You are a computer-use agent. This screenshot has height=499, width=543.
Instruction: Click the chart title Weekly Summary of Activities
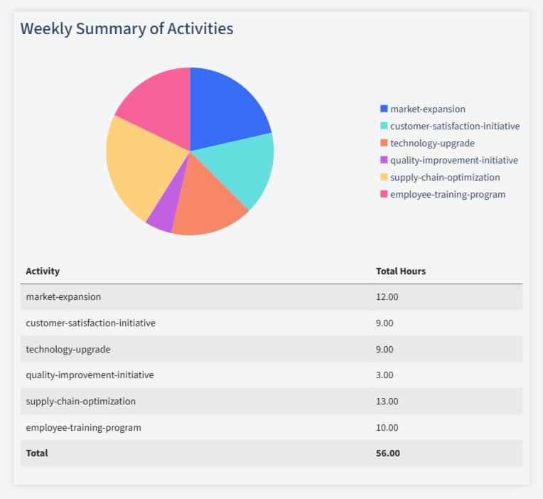pyautogui.click(x=127, y=28)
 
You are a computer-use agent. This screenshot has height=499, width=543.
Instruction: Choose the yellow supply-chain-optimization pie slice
pyautogui.click(x=139, y=167)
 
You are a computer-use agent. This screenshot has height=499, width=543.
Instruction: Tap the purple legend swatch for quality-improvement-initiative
pyautogui.click(x=385, y=160)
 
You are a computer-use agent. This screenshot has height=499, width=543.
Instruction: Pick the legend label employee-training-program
pyautogui.click(x=448, y=194)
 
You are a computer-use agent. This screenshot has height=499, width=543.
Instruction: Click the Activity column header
pyautogui.click(x=43, y=271)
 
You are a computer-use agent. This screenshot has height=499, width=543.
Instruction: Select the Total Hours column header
pyautogui.click(x=401, y=271)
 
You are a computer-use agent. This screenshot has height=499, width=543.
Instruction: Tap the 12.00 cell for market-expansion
pyautogui.click(x=387, y=296)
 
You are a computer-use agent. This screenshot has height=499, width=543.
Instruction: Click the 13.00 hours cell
pyautogui.click(x=387, y=401)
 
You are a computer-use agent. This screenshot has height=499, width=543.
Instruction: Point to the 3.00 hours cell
pyautogui.click(x=385, y=375)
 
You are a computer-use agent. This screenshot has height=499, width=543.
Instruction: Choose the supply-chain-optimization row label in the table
pyautogui.click(x=80, y=401)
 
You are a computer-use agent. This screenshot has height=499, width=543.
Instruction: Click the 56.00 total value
pyautogui.click(x=388, y=453)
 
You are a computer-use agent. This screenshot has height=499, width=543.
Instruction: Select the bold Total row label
pyautogui.click(x=37, y=453)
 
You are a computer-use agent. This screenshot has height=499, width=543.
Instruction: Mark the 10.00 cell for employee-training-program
pyautogui.click(x=387, y=427)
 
